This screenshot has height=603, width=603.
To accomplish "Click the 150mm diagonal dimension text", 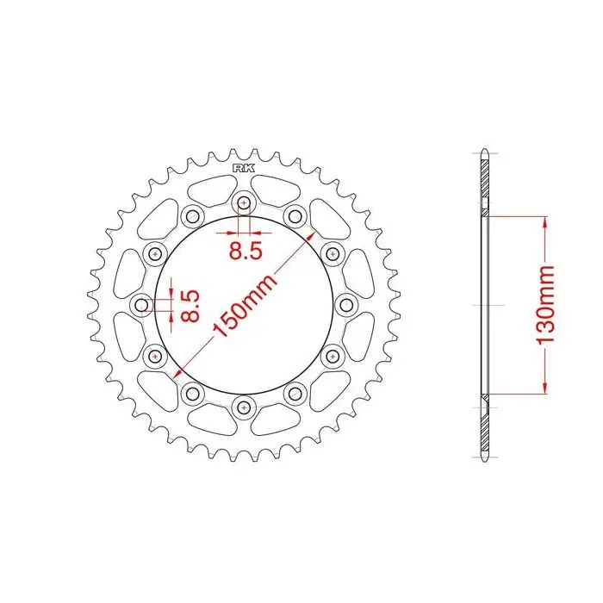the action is click(244, 305).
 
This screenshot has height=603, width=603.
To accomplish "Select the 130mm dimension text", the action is click(545, 305).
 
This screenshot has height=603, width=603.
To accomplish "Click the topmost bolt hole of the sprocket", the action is click(244, 202).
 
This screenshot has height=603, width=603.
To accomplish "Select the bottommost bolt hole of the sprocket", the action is click(244, 407).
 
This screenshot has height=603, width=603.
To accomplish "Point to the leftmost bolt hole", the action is click(142, 305).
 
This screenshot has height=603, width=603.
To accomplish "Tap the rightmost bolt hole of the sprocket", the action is click(346, 305).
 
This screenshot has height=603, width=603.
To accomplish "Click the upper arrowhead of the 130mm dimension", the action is click(545, 222).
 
